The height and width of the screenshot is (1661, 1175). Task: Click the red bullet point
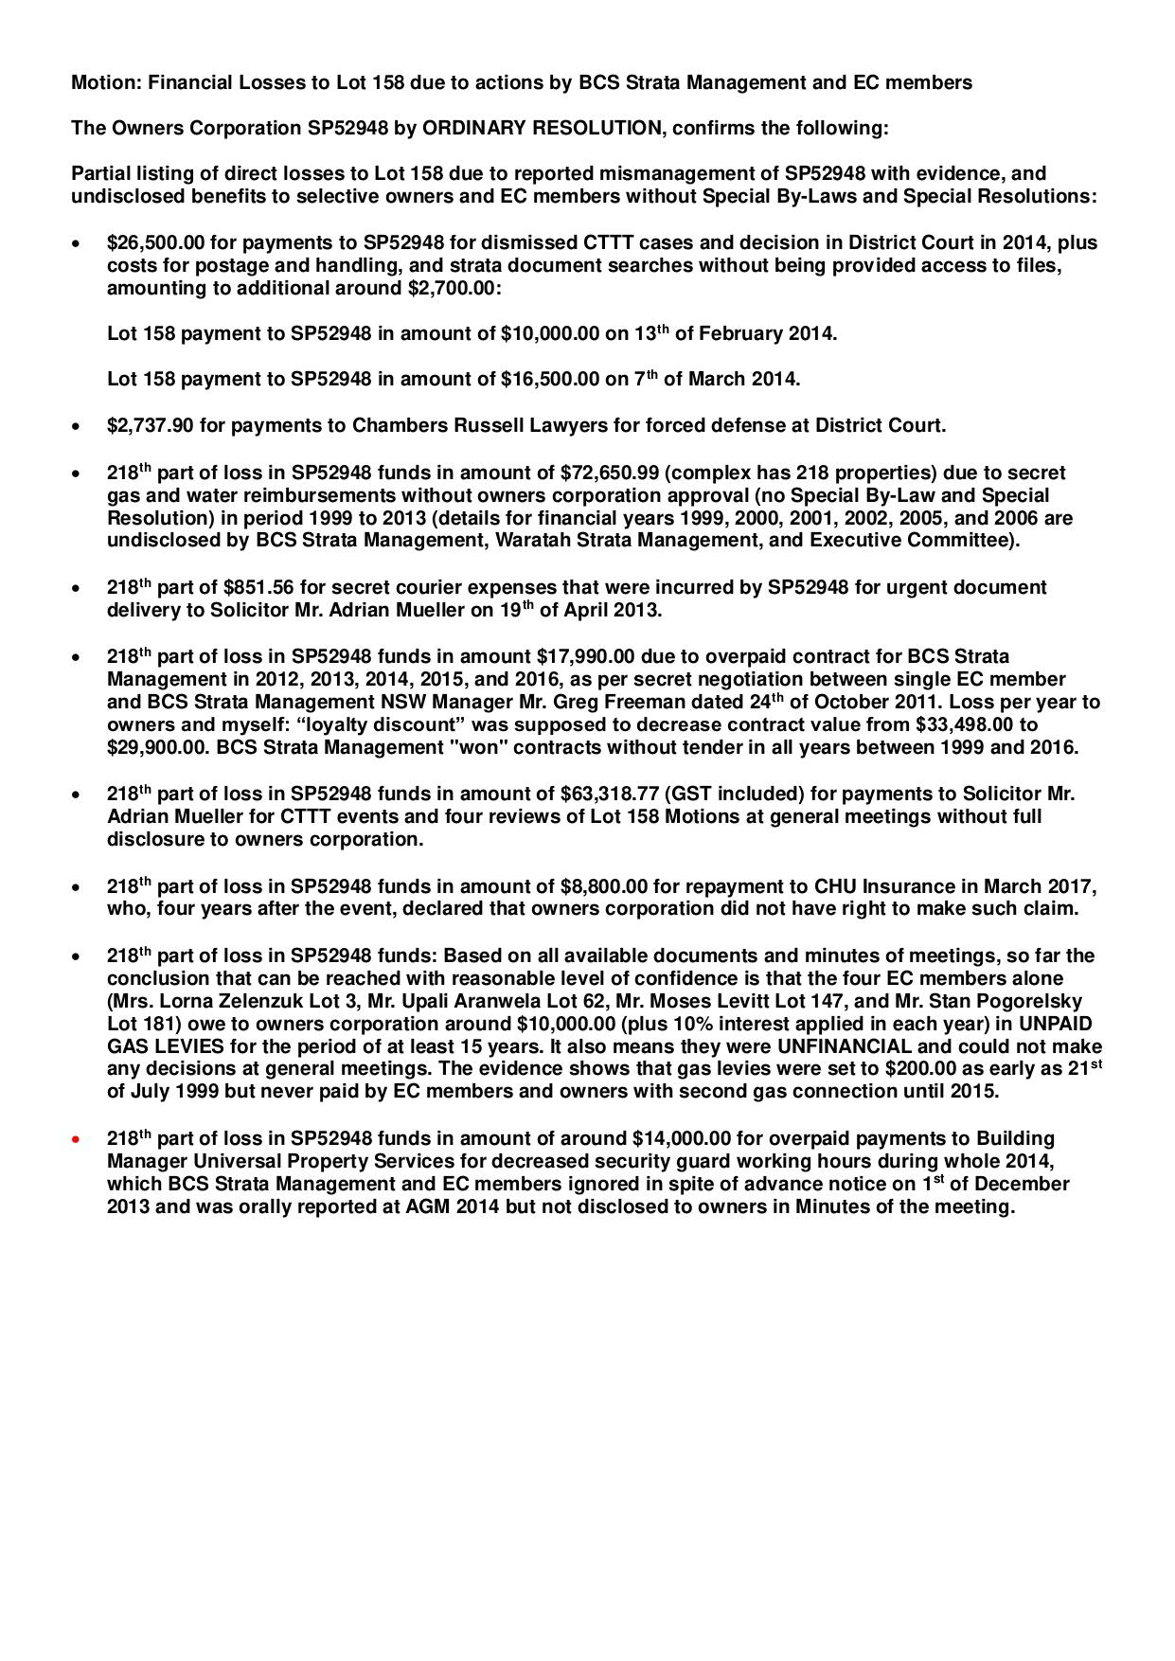[75, 1139]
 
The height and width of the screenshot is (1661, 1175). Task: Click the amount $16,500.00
[550, 380]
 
